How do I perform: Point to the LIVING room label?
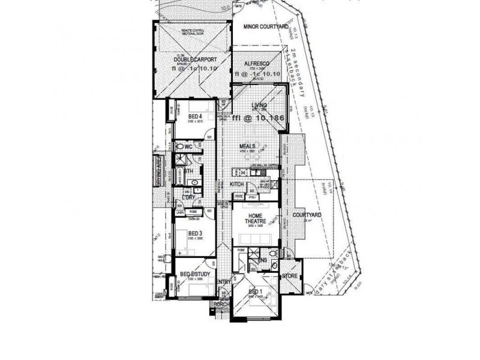(259, 105)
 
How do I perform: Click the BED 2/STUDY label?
(194, 275)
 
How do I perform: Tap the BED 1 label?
(255, 292)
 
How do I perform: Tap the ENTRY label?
(223, 282)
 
